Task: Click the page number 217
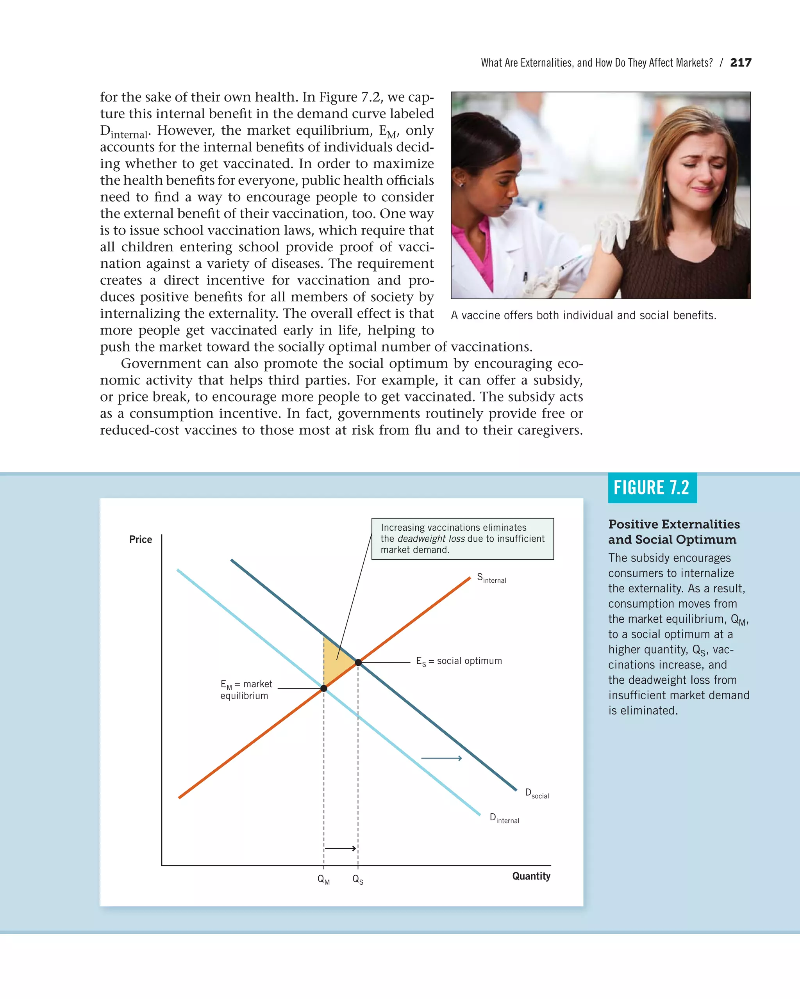coord(740,62)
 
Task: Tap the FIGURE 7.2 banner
coord(652,487)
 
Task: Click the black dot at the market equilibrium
coord(324,688)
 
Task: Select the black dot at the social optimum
coord(358,663)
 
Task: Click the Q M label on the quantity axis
coord(323,880)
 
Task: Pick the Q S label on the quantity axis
coord(357,880)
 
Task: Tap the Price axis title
coord(141,539)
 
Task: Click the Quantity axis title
coord(531,876)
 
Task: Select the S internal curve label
coord(491,578)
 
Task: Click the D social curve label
coord(537,793)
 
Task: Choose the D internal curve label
coord(504,818)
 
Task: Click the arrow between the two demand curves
coord(441,758)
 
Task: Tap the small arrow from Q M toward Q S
coord(340,848)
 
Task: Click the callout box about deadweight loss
coord(462,539)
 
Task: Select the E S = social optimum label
coord(459,661)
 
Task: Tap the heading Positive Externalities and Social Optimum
coord(673,531)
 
